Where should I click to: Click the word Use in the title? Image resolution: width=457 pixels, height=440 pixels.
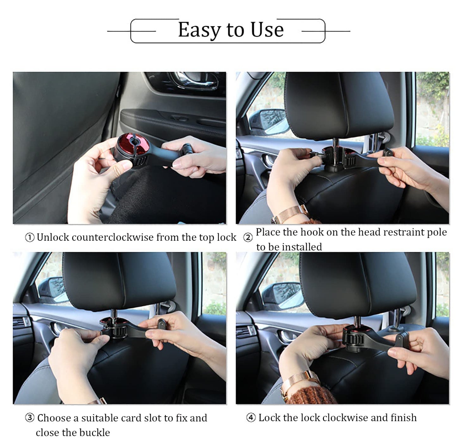tap(267, 30)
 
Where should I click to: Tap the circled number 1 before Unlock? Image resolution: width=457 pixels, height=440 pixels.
tap(29, 237)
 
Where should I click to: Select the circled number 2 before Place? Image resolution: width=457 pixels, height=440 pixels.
tap(248, 237)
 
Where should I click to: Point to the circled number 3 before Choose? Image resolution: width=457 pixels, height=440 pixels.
tap(29, 418)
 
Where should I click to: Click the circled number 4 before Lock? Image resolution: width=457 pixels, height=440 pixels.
tap(250, 418)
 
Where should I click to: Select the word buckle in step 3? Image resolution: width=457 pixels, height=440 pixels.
tap(95, 432)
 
